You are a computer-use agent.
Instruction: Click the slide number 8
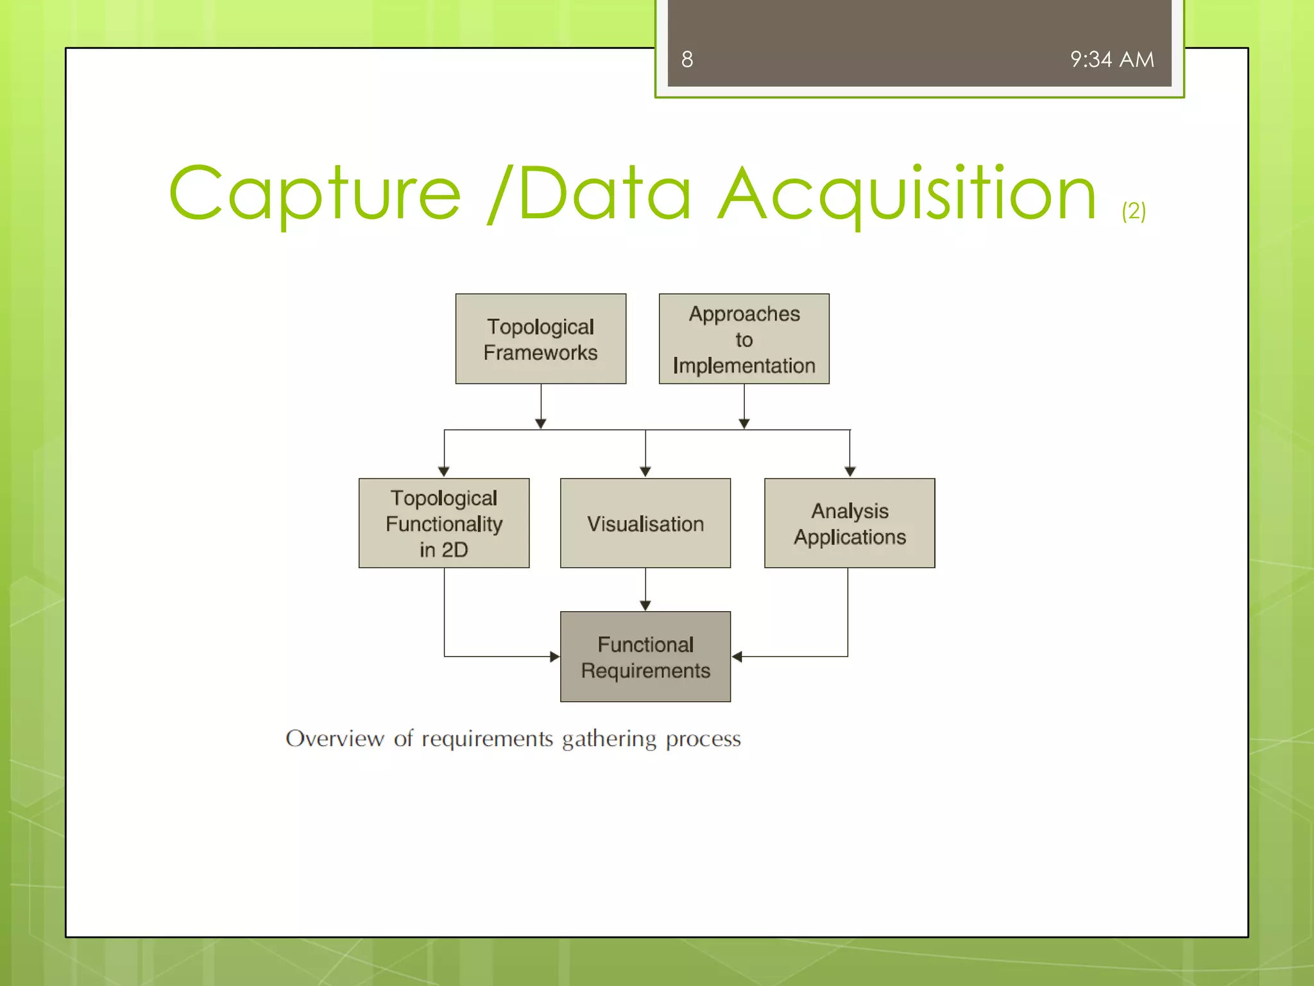tap(687, 60)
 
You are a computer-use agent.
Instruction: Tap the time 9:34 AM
tap(1111, 60)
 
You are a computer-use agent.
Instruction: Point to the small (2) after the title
tap(1134, 211)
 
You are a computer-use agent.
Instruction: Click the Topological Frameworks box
tap(540, 339)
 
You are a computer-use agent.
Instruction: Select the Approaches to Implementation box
tap(744, 339)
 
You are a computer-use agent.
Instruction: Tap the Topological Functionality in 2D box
tap(443, 523)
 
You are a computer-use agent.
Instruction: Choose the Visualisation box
tap(645, 523)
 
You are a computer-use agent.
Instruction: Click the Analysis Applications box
tap(849, 523)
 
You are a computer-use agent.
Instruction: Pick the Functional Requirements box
tap(645, 657)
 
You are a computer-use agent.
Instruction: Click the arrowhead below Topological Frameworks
tap(540, 424)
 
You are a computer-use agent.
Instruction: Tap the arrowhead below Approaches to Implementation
tap(744, 424)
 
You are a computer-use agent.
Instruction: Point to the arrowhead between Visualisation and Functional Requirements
tap(645, 605)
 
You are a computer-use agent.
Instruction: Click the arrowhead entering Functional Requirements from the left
tap(555, 657)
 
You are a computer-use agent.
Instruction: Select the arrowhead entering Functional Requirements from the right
tap(737, 657)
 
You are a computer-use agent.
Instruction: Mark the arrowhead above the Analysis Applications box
tap(849, 472)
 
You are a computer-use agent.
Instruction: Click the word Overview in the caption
tap(334, 739)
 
